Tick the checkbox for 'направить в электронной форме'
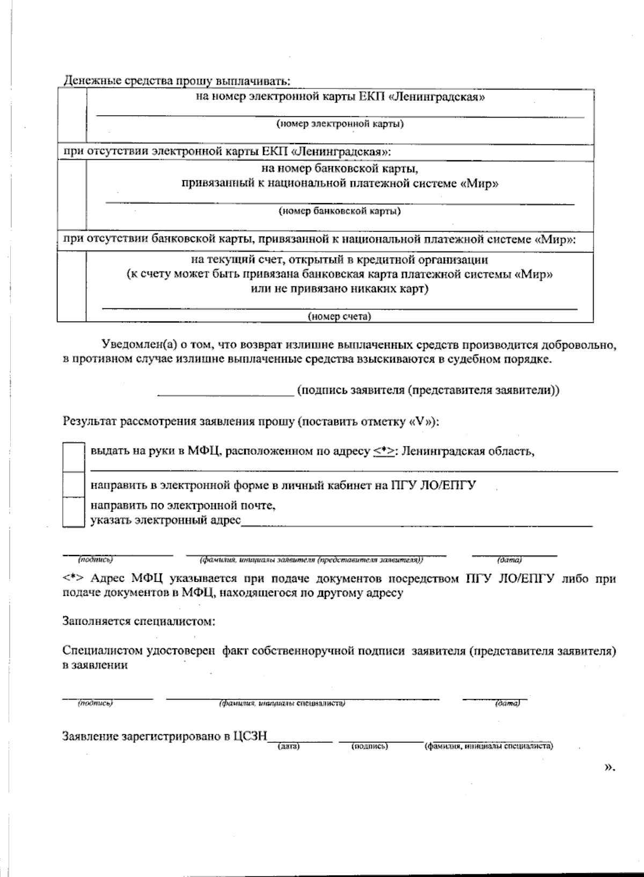(74, 485)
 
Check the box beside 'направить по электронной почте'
(74, 512)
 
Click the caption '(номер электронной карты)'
(340, 124)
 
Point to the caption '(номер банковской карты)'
(340, 211)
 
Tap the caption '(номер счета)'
(340, 316)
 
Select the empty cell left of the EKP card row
(72, 116)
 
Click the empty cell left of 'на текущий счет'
(72, 286)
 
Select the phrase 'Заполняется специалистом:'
(139, 622)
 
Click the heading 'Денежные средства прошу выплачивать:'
(177, 81)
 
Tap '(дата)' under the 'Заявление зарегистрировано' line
(288, 746)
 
